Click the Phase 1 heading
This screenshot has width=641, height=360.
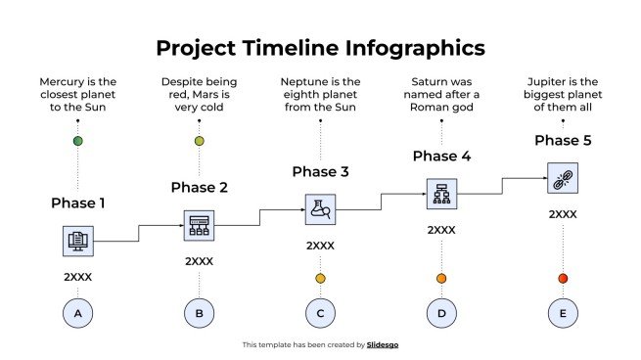click(x=77, y=203)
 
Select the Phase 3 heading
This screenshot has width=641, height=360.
click(x=320, y=172)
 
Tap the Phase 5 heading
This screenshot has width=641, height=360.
click(x=563, y=141)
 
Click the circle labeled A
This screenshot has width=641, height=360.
click(x=77, y=313)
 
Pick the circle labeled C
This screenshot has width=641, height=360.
click(x=320, y=313)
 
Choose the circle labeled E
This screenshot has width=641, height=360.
click(x=563, y=313)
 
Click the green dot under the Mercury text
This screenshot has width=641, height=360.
click(x=77, y=142)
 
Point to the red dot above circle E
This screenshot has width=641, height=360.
click(x=563, y=279)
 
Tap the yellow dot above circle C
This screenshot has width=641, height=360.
click(x=320, y=279)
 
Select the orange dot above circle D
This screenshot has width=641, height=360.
click(x=441, y=279)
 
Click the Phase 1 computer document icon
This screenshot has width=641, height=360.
click(x=77, y=240)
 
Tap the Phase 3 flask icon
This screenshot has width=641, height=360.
click(x=320, y=208)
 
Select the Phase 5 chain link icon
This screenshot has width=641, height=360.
click(x=563, y=178)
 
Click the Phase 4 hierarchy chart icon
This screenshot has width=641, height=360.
click(x=441, y=194)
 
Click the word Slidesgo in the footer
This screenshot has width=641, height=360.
click(x=383, y=344)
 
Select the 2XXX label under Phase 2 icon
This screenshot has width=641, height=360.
click(x=199, y=261)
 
